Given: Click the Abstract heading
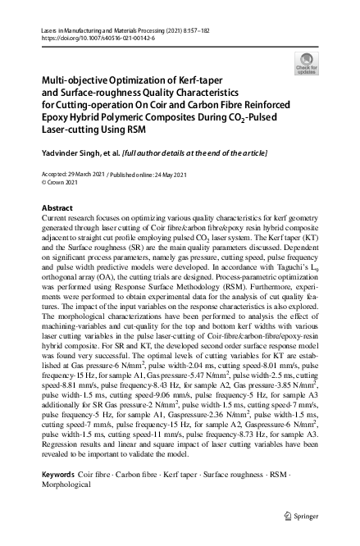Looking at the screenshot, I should coord(57,208).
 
